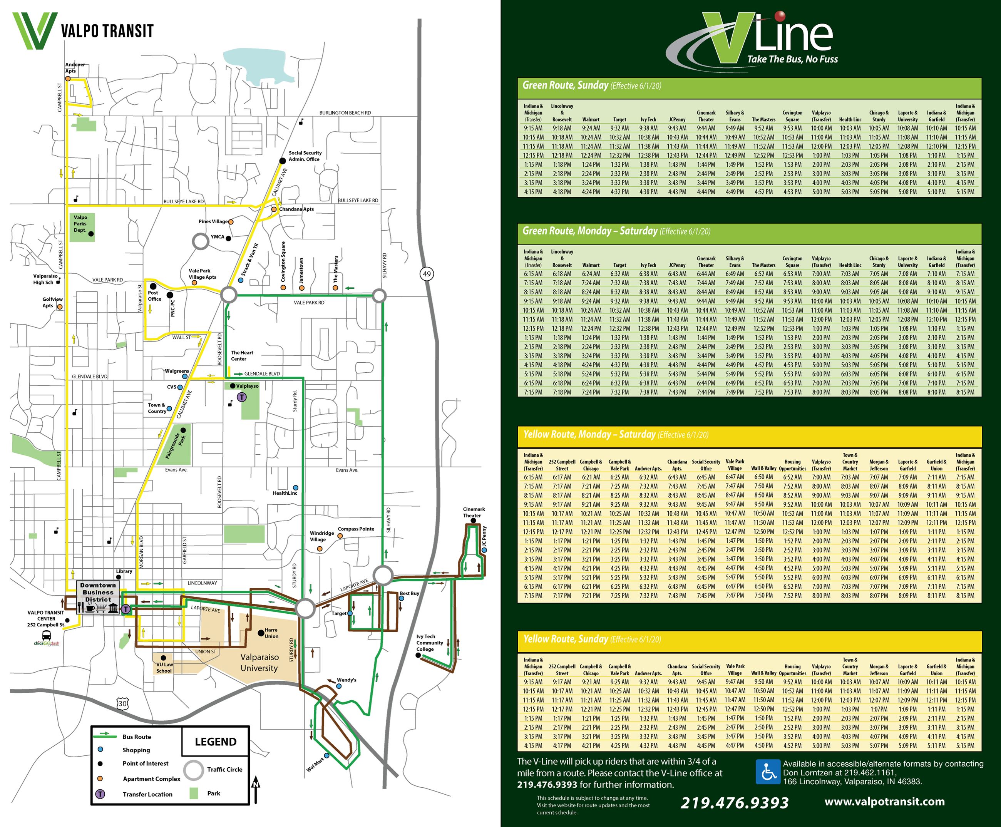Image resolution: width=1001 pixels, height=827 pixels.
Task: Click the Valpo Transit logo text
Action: (x=107, y=32)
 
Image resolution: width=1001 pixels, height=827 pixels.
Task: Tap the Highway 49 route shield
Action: (x=427, y=273)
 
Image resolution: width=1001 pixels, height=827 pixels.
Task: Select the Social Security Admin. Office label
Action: (x=305, y=156)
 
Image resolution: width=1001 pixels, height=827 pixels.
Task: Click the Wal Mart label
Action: (x=315, y=765)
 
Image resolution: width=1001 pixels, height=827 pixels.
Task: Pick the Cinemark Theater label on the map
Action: (x=474, y=512)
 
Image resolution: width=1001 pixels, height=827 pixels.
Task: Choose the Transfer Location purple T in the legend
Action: (x=100, y=794)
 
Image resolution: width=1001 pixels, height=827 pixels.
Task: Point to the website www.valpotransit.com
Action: (x=884, y=801)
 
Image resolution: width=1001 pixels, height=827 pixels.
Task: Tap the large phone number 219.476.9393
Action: (x=734, y=803)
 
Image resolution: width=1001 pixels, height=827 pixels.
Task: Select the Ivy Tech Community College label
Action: (x=430, y=643)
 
